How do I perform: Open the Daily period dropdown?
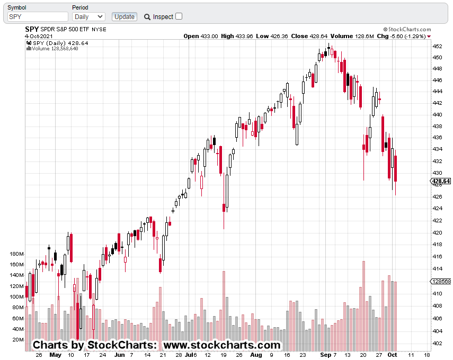coord(88,16)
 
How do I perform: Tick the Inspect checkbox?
coord(179,16)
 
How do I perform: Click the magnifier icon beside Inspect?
coord(147,17)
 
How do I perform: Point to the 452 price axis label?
coord(438,46)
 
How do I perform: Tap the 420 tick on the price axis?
coord(438,232)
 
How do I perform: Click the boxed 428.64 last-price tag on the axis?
coord(442,181)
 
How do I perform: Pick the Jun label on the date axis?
coord(120,355)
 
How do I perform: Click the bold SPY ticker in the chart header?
coord(32,29)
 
